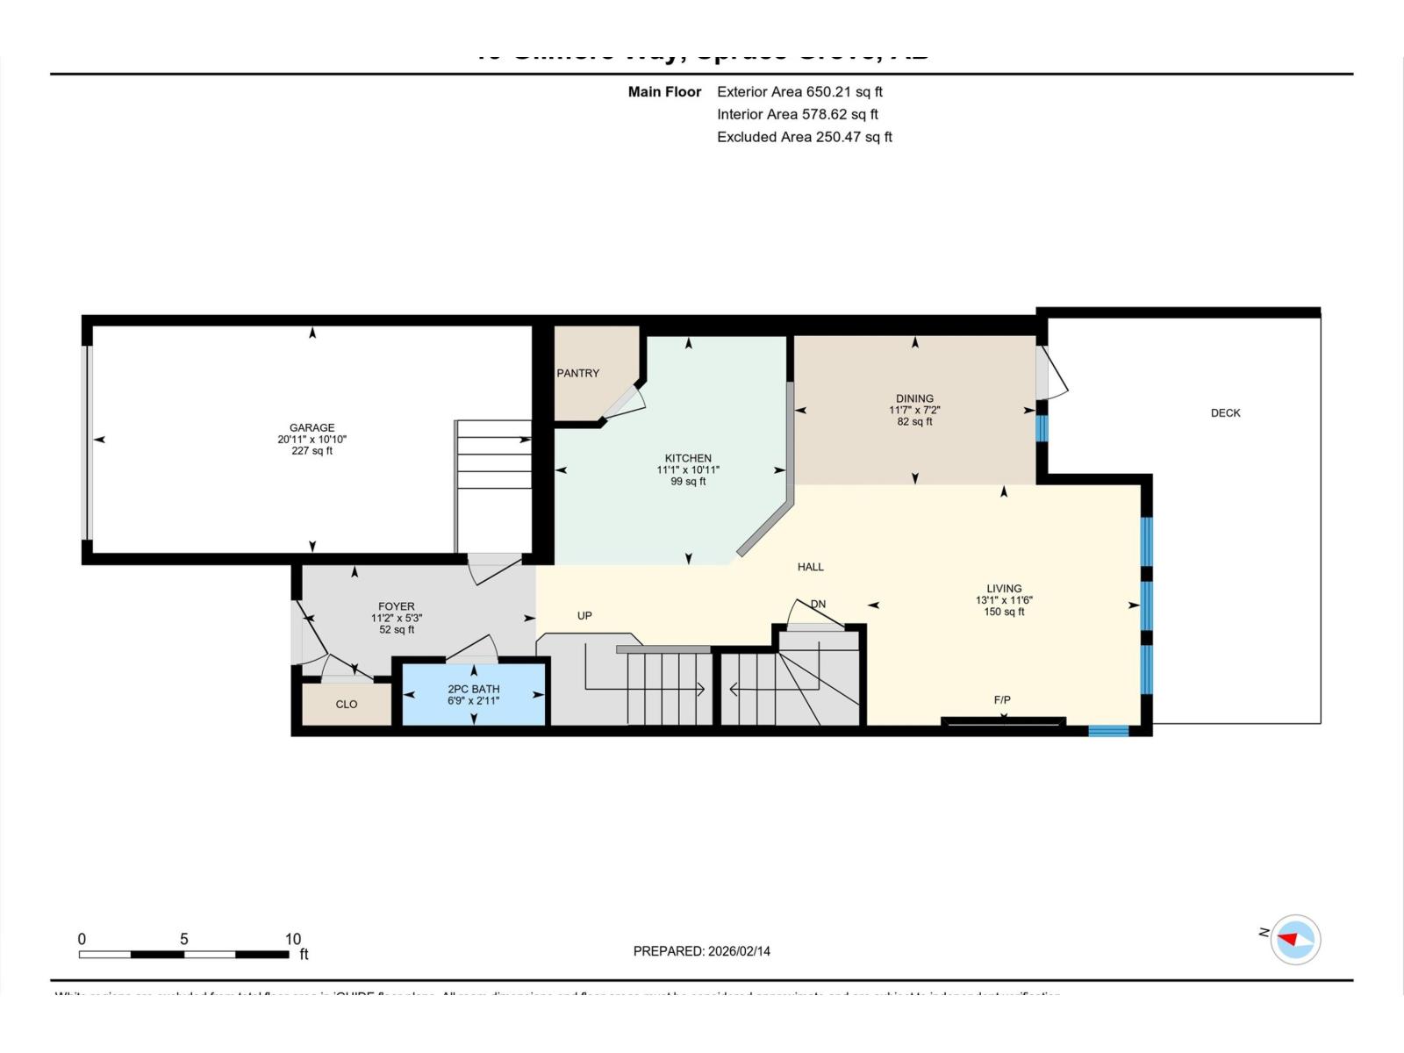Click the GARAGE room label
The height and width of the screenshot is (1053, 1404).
(x=312, y=428)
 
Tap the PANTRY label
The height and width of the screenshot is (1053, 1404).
(x=577, y=373)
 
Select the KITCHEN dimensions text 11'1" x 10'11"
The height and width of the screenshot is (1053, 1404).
(x=688, y=470)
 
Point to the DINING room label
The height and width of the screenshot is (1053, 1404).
(x=914, y=398)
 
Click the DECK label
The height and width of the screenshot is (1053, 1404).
(x=1225, y=413)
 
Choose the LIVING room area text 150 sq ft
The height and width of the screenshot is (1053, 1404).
(x=1004, y=612)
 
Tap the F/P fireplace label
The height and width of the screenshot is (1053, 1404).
(x=1002, y=699)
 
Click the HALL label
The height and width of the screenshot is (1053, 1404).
(x=810, y=567)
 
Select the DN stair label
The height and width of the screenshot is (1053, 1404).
(x=818, y=604)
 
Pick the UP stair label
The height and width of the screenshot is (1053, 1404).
(x=584, y=616)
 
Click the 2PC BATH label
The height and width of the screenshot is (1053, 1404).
(x=473, y=689)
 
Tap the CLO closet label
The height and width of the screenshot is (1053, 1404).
(x=347, y=705)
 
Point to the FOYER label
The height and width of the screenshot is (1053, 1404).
(x=396, y=606)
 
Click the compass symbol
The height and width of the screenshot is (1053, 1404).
(x=1295, y=940)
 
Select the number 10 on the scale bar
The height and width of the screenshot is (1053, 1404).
(x=293, y=939)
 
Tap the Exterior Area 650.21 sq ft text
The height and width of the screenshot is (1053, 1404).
(x=799, y=92)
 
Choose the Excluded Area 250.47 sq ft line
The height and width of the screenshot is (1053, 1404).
(x=804, y=137)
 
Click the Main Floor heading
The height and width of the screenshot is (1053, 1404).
(x=664, y=92)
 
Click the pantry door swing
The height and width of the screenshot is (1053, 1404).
(x=626, y=400)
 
